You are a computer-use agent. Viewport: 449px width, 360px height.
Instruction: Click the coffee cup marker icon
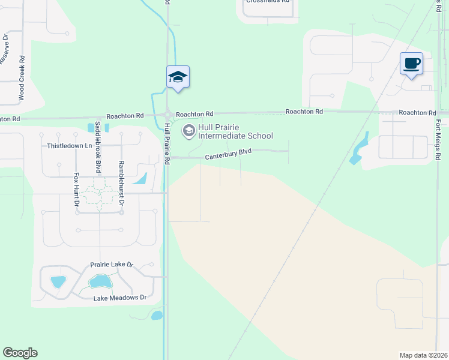[x=411, y=64]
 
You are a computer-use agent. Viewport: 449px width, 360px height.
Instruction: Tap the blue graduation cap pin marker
[x=178, y=77]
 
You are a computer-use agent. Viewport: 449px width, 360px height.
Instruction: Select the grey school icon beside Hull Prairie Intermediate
[x=189, y=130]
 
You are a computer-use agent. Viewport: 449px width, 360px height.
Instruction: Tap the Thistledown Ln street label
[x=70, y=146]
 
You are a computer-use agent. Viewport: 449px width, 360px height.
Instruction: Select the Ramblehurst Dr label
[x=121, y=184]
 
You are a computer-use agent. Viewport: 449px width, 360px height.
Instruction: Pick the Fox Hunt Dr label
[x=76, y=190]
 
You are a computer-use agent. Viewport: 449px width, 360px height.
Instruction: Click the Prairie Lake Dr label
[x=111, y=265]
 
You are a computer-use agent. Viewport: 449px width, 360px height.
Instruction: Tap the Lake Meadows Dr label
[x=120, y=298]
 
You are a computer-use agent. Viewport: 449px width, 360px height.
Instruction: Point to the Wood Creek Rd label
[x=22, y=78]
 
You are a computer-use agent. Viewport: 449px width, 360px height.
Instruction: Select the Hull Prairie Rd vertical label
[x=167, y=144]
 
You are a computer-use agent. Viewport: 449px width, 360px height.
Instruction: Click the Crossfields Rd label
[x=268, y=2]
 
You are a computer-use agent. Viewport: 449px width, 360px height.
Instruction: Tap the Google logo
[x=20, y=353]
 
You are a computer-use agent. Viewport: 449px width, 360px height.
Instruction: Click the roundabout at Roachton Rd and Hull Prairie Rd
[x=167, y=115]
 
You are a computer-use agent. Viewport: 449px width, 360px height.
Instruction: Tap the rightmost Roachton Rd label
[x=417, y=113]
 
